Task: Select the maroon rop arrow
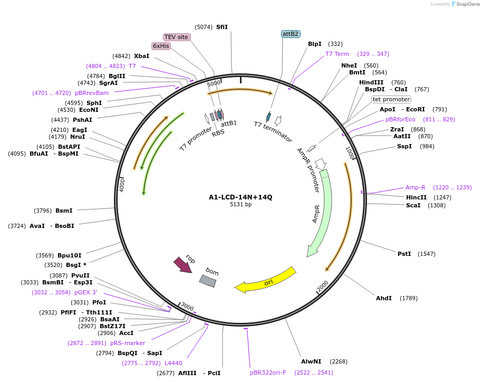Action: coord(182,264)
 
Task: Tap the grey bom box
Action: coord(207,281)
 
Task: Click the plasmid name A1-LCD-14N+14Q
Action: coord(240,197)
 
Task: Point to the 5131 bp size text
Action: coord(240,205)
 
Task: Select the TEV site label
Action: coord(176,37)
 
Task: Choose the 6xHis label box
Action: coord(161,46)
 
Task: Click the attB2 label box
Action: coord(291,34)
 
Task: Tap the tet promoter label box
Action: coord(391,99)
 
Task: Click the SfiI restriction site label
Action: coord(222,27)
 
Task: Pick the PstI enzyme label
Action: coord(404,254)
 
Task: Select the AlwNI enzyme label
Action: coord(311,361)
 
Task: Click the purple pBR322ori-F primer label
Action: coord(268,373)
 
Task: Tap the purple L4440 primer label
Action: coord(173,363)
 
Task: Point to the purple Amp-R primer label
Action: coord(415,187)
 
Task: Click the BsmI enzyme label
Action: coord(64,211)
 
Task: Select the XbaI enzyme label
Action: coord(141,56)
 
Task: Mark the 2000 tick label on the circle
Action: coord(323,286)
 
